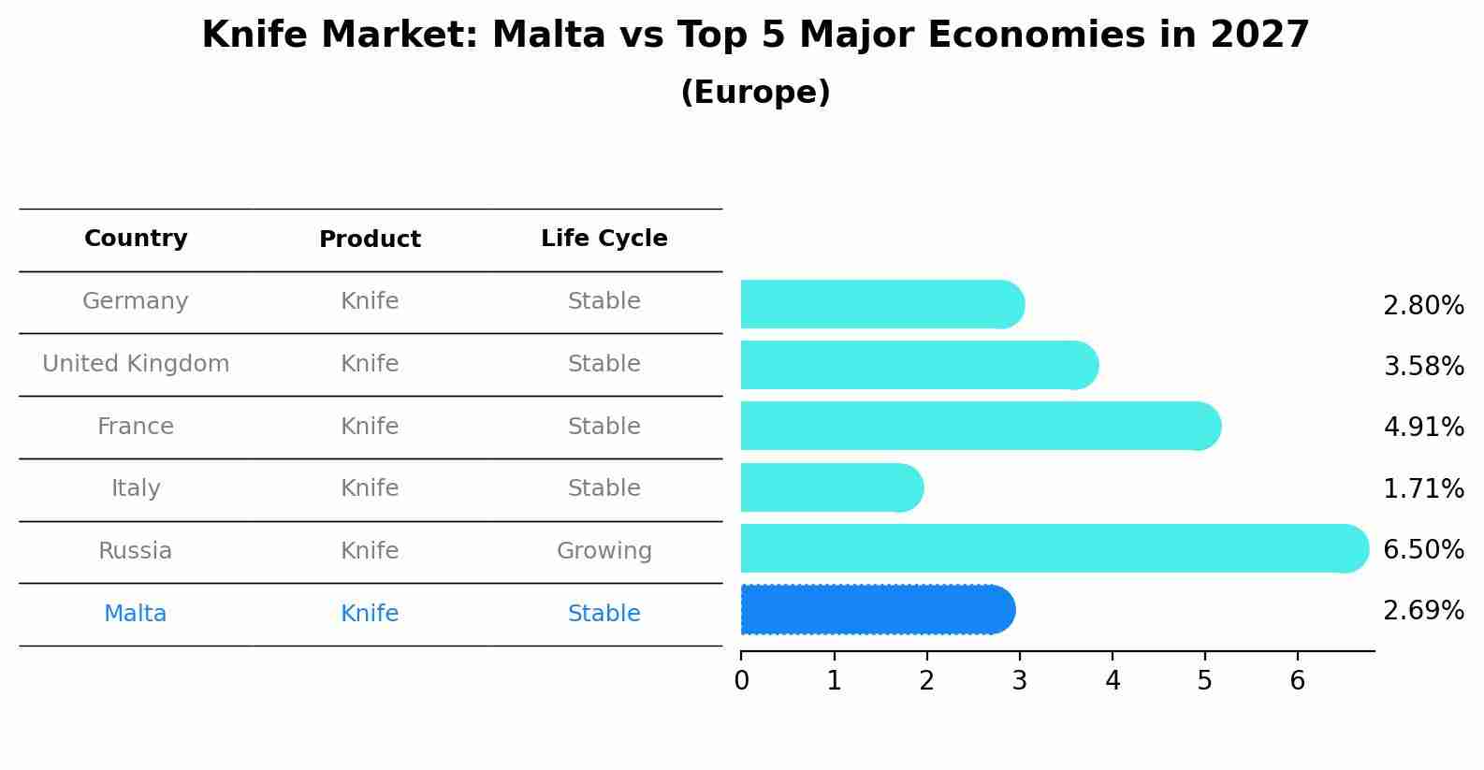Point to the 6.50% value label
(1423, 549)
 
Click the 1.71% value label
(1423, 488)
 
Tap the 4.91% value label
(1423, 427)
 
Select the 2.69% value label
(1423, 610)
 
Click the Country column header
(136, 239)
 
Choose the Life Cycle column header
(604, 239)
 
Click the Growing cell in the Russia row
(604, 551)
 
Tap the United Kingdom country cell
(136, 364)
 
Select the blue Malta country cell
(136, 614)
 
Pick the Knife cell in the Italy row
(370, 488)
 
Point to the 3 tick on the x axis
(1019, 680)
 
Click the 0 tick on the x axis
(741, 680)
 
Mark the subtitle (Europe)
(755, 93)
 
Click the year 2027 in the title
(1259, 36)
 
